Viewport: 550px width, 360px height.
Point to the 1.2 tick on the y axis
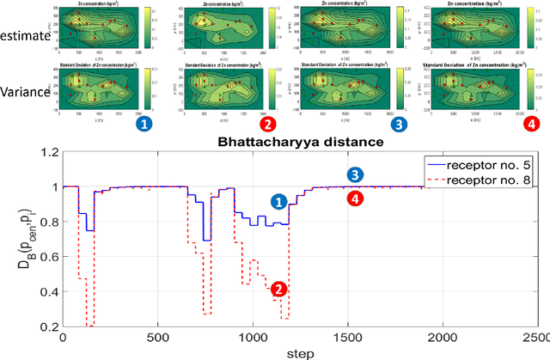pyautogui.click(x=42, y=153)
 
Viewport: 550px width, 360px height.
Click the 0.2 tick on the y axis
pyautogui.click(x=42, y=327)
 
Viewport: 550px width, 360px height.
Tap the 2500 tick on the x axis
pyautogui.click(x=535, y=339)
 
